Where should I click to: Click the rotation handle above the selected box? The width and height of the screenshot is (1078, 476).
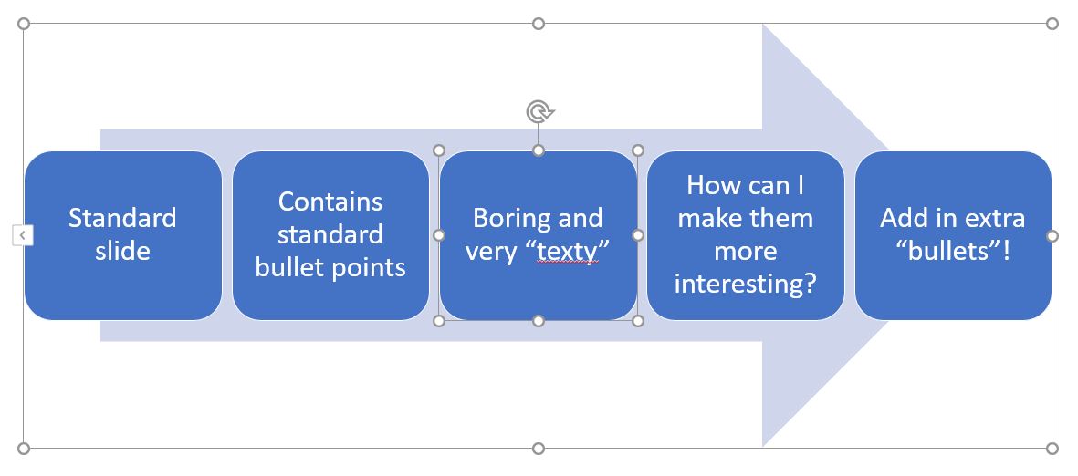pos(539,112)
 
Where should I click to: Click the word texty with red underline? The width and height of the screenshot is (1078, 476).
pos(567,251)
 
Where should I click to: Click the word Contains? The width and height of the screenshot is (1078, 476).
pos(330,201)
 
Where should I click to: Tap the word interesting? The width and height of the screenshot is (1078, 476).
pos(745,284)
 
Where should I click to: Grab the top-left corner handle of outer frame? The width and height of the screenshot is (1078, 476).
pos(24,24)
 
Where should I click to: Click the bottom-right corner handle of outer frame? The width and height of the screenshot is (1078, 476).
pos(1052,448)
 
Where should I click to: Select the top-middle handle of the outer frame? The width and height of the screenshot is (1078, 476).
pos(539,24)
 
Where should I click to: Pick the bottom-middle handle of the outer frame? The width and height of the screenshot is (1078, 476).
pos(539,448)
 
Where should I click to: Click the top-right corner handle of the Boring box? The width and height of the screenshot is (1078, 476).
pos(638,150)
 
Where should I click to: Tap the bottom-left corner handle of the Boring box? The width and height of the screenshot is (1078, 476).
pos(439,320)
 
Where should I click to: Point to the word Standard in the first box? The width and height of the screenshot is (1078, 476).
pos(122,218)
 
